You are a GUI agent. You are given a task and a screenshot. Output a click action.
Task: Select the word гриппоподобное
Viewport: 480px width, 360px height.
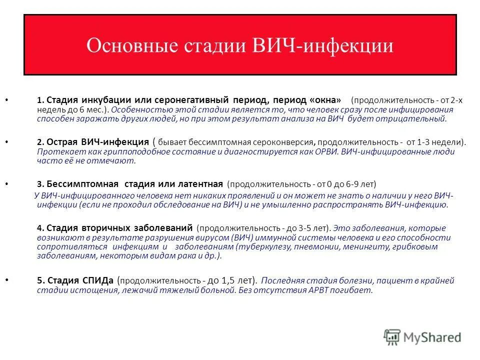pos(125,151)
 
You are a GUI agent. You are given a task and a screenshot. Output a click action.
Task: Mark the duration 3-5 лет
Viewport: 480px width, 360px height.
pos(308,228)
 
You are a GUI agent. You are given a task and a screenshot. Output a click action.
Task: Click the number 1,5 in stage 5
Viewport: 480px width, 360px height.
pos(226,280)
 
